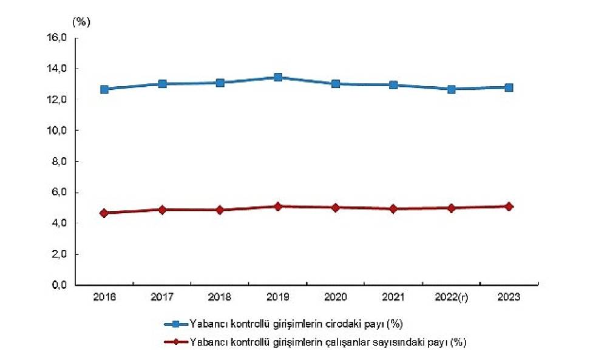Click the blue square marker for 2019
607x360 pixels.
click(277, 77)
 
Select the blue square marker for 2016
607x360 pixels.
click(104, 89)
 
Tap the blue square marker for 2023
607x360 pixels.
click(509, 87)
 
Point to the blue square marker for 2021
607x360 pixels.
click(393, 85)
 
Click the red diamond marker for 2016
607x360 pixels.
click(104, 213)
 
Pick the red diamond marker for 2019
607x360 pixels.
click(277, 206)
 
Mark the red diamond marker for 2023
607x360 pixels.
click(509, 206)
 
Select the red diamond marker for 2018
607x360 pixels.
click(220, 210)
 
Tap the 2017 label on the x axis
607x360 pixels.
click(162, 297)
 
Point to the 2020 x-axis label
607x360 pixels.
click(335, 297)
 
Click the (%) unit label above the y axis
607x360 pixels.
click(81, 22)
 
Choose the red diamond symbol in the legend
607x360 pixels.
click(175, 342)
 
